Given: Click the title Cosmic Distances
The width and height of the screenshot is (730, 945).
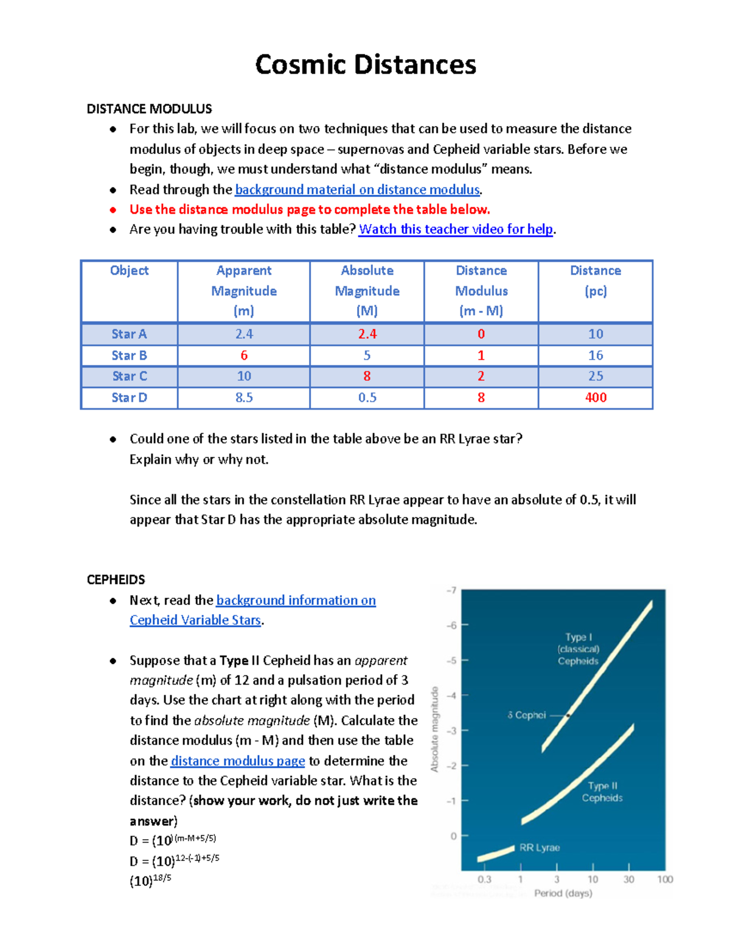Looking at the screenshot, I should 365,65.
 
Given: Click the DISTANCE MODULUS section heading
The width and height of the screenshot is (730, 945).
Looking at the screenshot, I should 149,109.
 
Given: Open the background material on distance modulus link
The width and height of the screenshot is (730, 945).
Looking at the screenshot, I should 357,190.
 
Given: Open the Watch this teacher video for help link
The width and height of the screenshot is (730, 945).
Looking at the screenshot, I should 456,229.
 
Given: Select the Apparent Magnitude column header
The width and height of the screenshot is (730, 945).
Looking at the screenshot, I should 243,290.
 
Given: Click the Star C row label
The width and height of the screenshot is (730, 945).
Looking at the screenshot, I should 129,376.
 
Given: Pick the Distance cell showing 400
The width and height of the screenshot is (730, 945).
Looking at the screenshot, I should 595,397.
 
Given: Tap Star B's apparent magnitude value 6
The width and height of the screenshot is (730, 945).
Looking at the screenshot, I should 243,355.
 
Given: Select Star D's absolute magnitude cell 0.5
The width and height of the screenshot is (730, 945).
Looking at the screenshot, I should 367,397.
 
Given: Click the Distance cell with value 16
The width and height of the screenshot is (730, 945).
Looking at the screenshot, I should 595,355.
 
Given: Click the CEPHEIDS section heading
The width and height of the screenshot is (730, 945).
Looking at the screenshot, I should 116,579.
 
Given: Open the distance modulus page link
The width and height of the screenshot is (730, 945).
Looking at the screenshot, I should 237,761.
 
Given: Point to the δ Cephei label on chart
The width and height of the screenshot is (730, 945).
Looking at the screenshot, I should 527,715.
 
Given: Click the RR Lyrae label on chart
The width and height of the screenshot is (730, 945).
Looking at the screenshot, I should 539,848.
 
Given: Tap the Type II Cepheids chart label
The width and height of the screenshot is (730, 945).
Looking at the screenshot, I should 602,792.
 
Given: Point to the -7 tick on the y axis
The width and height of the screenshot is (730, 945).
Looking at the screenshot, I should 451,591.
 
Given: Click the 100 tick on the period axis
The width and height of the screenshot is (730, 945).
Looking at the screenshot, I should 665,879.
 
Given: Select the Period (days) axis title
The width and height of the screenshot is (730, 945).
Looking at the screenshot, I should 563,893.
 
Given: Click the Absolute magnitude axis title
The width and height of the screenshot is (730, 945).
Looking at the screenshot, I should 434,729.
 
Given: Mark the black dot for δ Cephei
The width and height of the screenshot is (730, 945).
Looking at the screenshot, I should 568,716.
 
